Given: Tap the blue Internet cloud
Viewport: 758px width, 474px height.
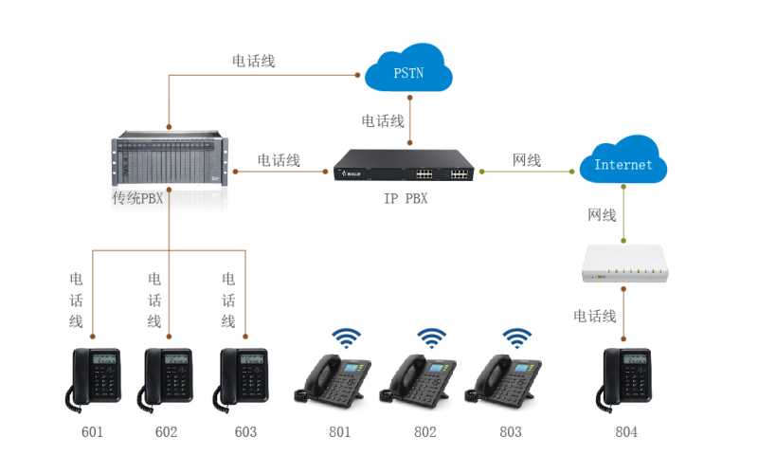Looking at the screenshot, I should (623, 163).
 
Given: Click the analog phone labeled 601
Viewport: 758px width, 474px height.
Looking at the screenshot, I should (96, 378).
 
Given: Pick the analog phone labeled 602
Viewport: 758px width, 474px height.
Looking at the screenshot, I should (168, 378).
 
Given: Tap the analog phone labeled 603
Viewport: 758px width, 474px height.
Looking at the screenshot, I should (244, 378).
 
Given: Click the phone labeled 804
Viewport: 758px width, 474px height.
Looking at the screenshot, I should (625, 378).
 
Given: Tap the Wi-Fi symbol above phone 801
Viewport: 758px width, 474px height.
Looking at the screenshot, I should (346, 338).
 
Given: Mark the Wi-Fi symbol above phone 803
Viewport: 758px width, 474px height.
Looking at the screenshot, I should (516, 338).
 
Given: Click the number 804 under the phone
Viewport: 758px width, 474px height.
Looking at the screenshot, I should (626, 432).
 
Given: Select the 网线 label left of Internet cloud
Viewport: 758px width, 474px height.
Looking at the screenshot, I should (527, 160).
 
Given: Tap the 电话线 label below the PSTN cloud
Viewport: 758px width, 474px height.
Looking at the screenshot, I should (383, 121).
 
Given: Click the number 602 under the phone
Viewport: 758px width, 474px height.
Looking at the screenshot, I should (166, 432).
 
